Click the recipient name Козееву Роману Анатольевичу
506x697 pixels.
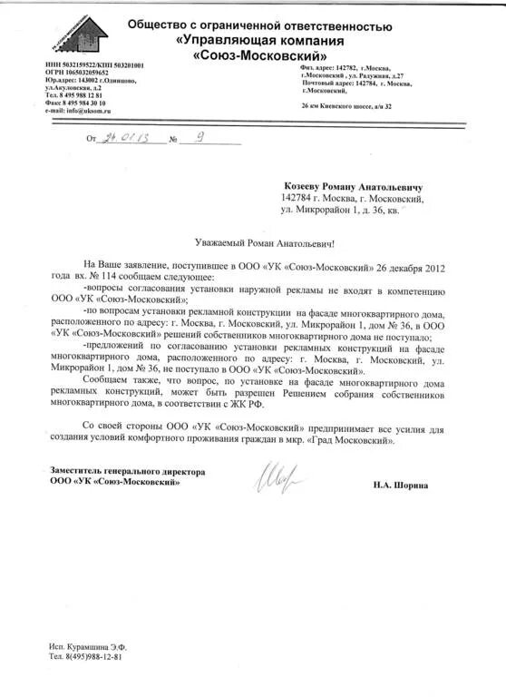pos(360,184)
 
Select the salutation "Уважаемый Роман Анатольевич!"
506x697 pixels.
pos(265,243)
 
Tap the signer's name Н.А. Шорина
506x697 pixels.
pos(400,486)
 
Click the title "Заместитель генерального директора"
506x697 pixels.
pos(127,472)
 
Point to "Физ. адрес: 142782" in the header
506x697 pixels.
pos(327,68)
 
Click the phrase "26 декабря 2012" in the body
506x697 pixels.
pos(411,269)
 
